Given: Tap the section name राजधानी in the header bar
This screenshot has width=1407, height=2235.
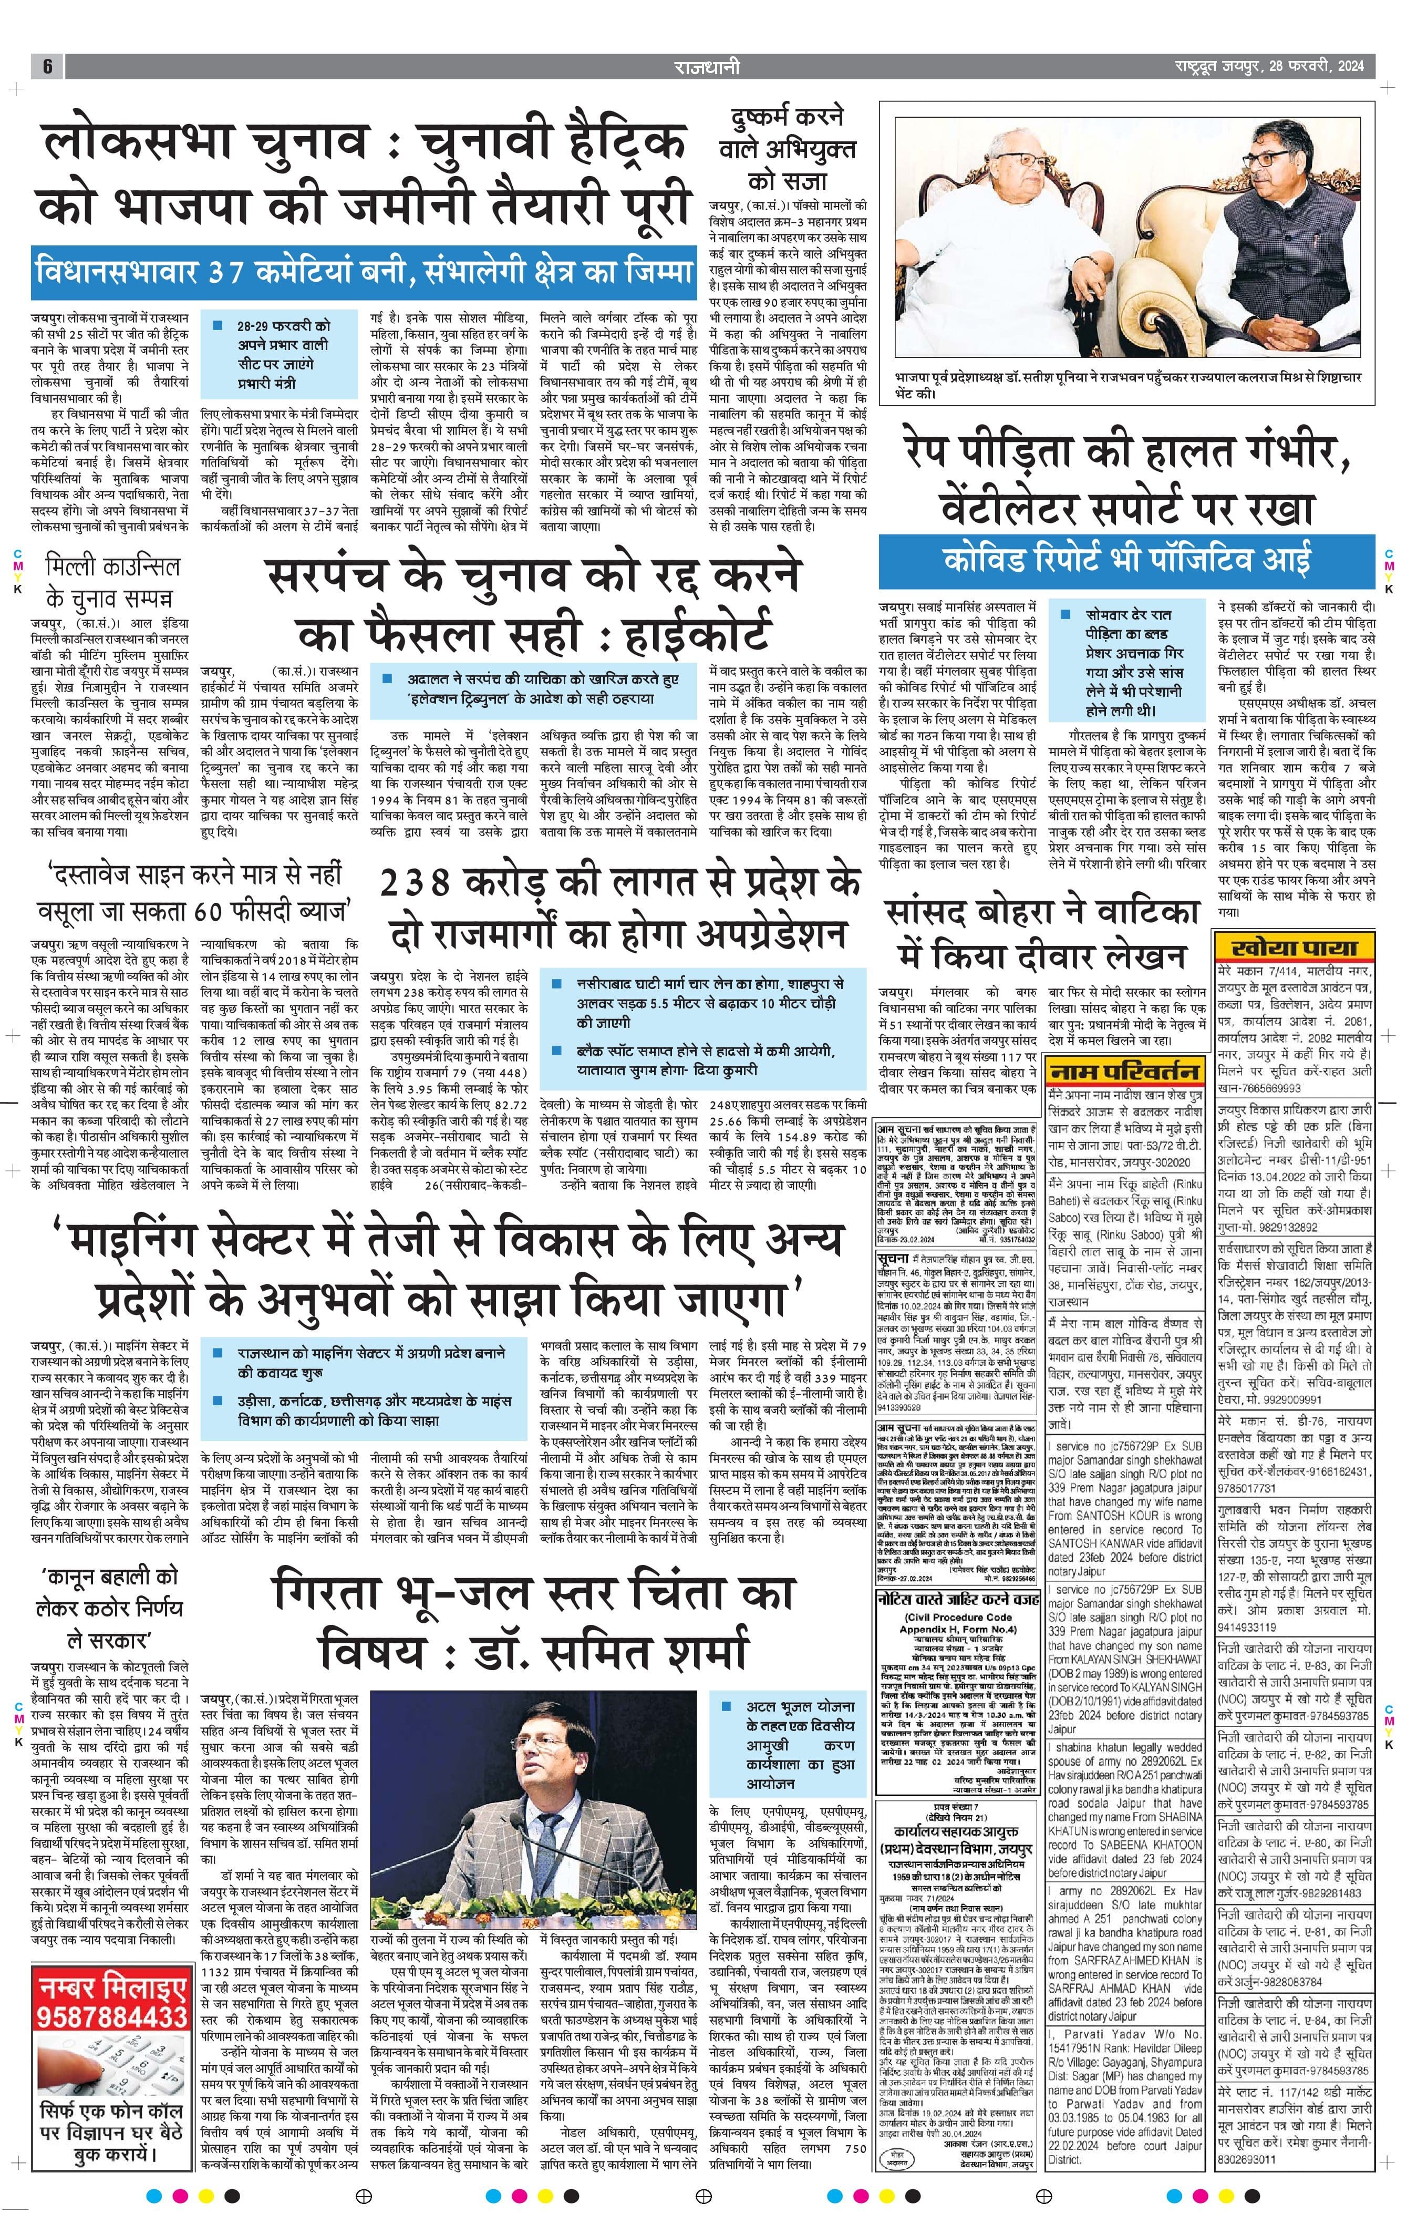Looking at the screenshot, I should pos(707,66).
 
